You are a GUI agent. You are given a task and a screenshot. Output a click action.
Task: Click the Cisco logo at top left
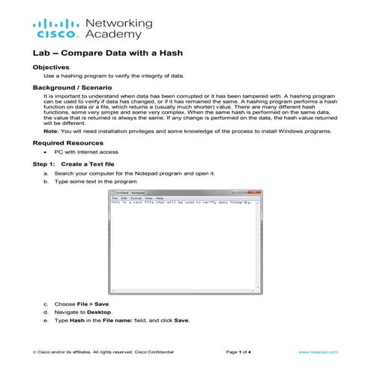(x=55, y=28)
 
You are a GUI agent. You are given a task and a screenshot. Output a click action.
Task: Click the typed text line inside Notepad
(x=180, y=203)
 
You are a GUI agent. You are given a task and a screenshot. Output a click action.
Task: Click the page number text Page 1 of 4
(x=239, y=351)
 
